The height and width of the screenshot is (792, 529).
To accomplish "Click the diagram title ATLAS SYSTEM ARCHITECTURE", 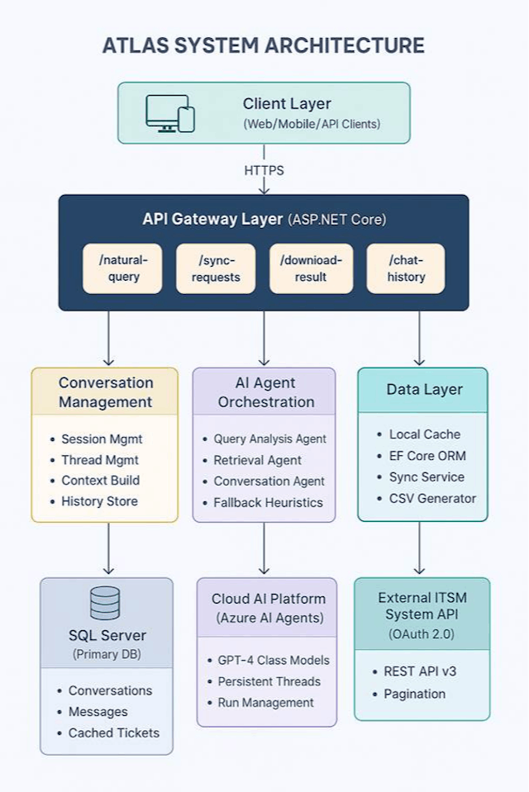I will [x=264, y=45].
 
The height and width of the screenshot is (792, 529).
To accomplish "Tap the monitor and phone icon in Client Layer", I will [x=170, y=113].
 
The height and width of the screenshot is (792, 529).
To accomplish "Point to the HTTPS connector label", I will [x=264, y=171].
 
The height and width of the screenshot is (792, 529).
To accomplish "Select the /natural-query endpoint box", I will [x=122, y=268].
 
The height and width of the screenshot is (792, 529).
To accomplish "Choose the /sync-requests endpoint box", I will [x=215, y=268].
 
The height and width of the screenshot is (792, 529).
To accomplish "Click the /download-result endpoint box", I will [x=311, y=268].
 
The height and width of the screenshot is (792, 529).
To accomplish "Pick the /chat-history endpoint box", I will [x=405, y=268].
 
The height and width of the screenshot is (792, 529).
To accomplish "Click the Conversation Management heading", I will [x=105, y=392].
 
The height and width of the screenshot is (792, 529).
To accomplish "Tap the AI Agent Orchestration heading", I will [x=264, y=392].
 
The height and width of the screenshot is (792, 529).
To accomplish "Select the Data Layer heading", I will [x=424, y=390].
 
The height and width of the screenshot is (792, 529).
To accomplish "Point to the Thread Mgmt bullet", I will [x=99, y=460].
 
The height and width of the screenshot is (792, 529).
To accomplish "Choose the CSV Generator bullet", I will [x=432, y=498].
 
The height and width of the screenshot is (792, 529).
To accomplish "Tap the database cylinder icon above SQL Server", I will [x=105, y=603].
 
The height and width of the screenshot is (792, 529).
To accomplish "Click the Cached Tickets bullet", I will [x=113, y=733].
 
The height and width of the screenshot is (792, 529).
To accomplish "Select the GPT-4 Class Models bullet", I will [x=273, y=660].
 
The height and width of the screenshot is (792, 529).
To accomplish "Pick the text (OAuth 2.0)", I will [x=422, y=634].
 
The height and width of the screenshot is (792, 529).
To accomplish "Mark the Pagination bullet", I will [x=415, y=694].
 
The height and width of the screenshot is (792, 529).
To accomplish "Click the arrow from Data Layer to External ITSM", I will [x=419, y=548].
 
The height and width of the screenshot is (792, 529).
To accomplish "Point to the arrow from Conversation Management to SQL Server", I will [x=107, y=548].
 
